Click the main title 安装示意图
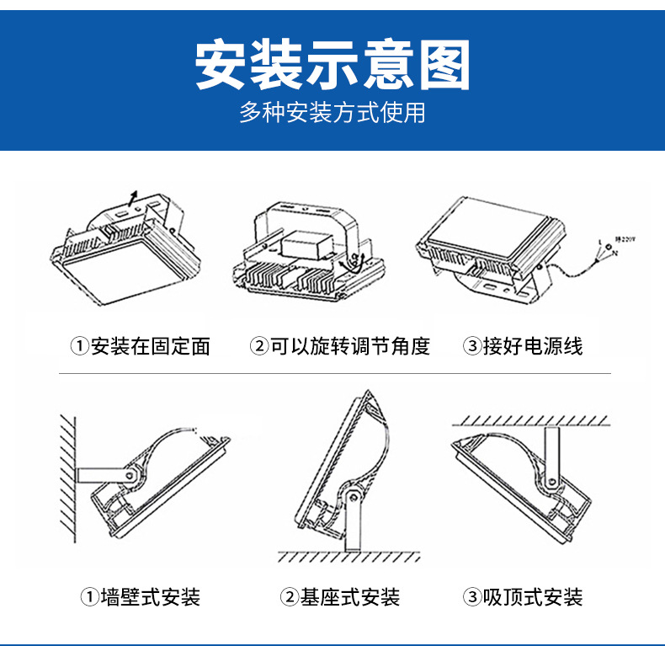point(332,66)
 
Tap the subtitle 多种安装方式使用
point(332,113)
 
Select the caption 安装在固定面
point(150,346)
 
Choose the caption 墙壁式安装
point(151,598)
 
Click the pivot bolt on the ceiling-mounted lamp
point(551,483)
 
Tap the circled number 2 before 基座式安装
point(289,598)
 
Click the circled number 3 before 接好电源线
point(471,346)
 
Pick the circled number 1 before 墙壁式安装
point(89,598)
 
